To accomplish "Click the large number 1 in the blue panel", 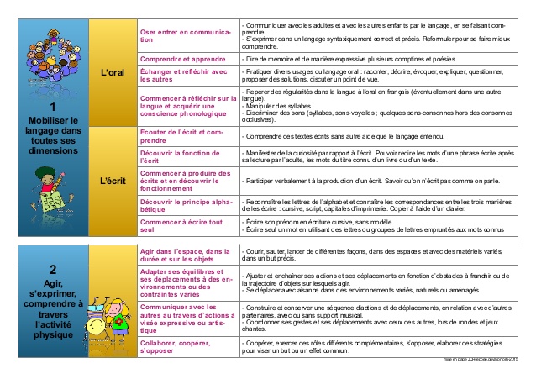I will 52,107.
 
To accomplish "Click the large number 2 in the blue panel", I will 52,269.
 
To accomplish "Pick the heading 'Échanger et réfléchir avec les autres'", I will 183,76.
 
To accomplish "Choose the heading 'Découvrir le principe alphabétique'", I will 183,206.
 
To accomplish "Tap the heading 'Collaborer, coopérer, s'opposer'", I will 176,346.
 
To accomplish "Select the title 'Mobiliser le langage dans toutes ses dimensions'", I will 52,138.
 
